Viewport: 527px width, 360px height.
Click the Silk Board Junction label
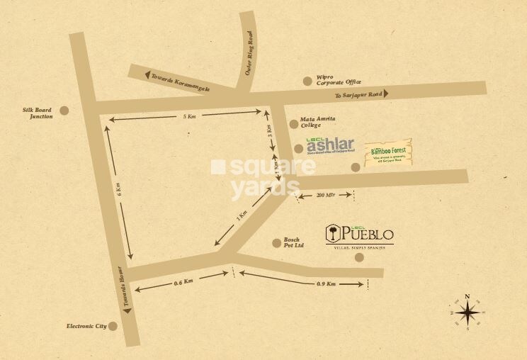[41, 113]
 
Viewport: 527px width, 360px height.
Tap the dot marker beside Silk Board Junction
[64, 111]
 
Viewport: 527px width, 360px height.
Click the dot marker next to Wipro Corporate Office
[307, 81]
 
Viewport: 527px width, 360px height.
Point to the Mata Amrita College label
[318, 122]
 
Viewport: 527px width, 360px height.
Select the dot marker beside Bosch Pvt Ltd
[276, 243]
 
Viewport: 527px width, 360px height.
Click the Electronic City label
[86, 326]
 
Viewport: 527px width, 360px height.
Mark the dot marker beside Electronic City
[113, 326]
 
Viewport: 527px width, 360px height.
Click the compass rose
[467, 312]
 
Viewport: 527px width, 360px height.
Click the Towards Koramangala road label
[178, 80]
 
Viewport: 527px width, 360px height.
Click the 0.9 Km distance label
[327, 283]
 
